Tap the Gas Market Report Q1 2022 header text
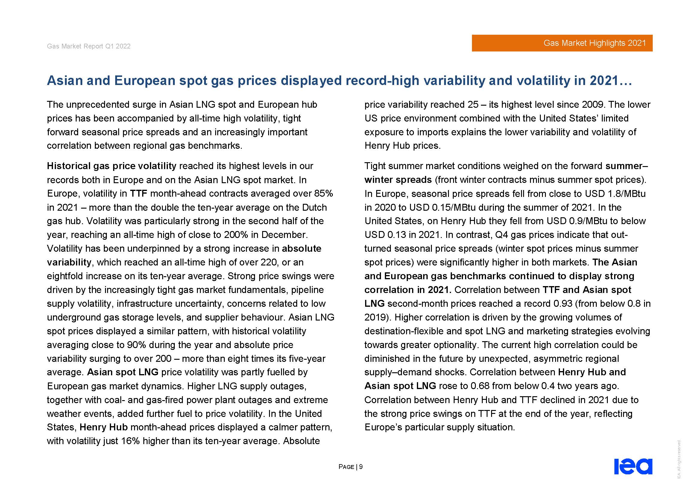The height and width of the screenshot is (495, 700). (x=88, y=46)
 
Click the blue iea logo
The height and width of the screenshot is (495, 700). (x=633, y=466)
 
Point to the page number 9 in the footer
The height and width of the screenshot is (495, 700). (x=361, y=467)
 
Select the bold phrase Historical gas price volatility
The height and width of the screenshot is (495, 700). (x=111, y=166)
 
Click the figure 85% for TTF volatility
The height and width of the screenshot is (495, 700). (x=324, y=194)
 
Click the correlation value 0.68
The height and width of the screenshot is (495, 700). (x=479, y=386)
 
